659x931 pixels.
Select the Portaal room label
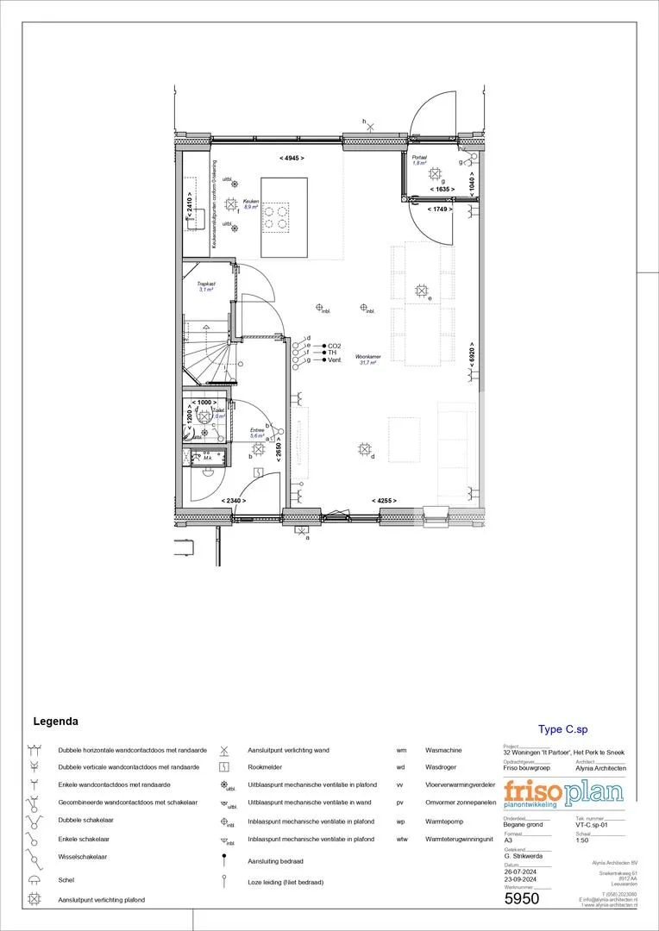click(x=420, y=159)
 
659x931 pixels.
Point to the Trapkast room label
click(x=205, y=284)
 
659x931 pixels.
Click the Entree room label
click(x=257, y=431)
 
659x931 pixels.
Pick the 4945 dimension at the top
click(x=292, y=159)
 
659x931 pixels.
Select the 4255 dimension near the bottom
click(x=385, y=501)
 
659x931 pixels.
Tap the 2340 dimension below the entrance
click(x=234, y=501)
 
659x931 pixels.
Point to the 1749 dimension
click(x=442, y=209)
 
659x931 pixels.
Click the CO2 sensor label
click(x=335, y=345)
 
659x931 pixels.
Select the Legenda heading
click(x=56, y=721)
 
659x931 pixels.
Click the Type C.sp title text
click(x=562, y=729)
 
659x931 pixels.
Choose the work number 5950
click(x=522, y=898)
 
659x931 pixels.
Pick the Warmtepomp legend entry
click(x=442, y=820)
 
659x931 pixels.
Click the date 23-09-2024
click(x=520, y=878)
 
